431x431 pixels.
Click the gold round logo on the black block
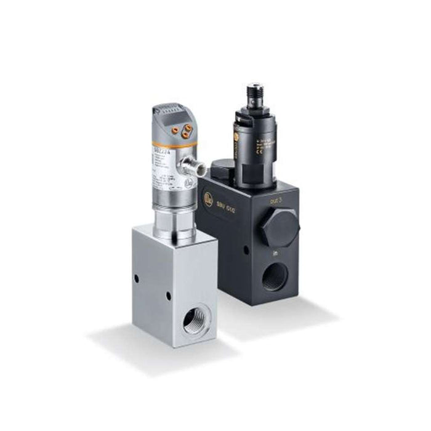(x=209, y=198)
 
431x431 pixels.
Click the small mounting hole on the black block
(x=245, y=249)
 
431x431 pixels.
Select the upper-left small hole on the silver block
(x=137, y=278)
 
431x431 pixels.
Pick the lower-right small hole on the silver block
(x=167, y=296)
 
